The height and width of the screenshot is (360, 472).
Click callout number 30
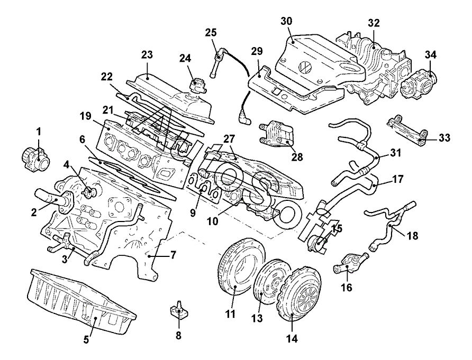point(286,21)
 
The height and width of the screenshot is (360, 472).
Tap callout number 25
point(211,33)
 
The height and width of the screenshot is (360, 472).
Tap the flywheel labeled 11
point(235,269)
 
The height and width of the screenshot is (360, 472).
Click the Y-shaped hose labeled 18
point(389,225)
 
